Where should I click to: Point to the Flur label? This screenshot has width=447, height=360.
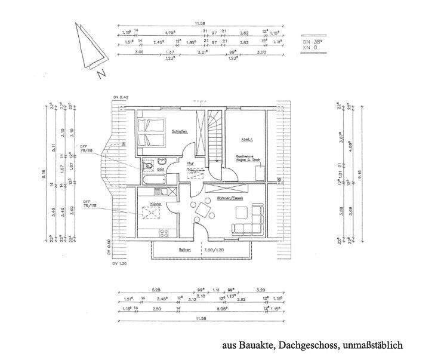pos(190,162)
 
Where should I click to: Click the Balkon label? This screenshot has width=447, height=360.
pos(184,250)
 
